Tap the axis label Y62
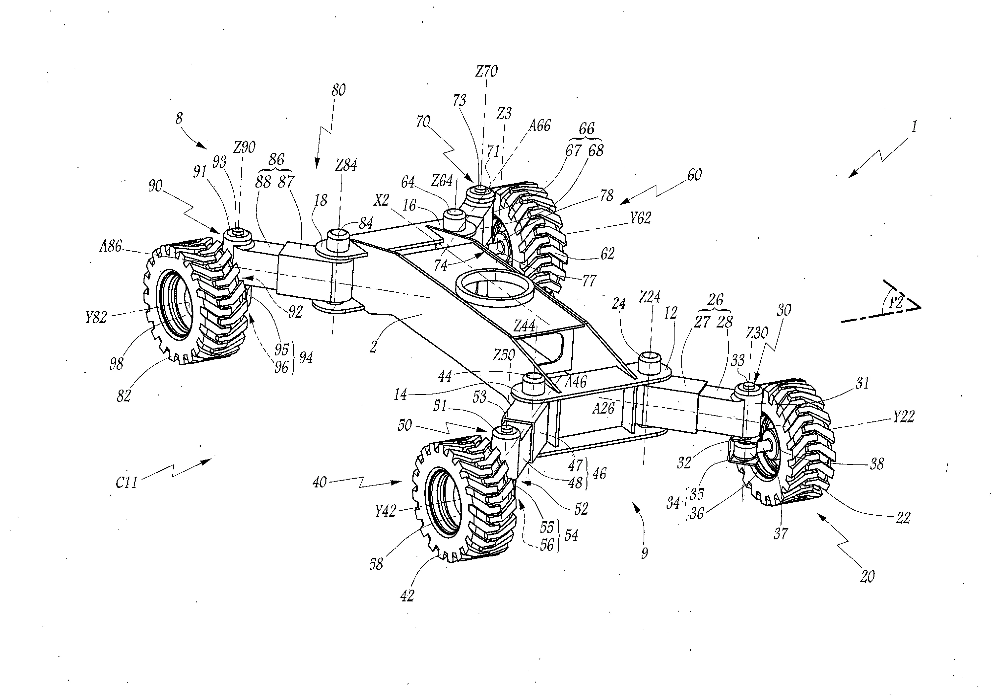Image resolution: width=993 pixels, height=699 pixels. tap(640, 218)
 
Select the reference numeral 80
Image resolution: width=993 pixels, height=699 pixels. tap(338, 90)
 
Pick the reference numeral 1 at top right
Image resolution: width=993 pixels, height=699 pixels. tap(914, 127)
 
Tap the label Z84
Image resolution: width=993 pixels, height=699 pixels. tap(346, 165)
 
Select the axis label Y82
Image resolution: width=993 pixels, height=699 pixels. tap(96, 318)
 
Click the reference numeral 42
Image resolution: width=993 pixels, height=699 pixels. tap(407, 596)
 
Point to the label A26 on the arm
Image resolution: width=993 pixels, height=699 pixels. tap(603, 408)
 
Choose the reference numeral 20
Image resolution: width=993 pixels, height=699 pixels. tap(867, 576)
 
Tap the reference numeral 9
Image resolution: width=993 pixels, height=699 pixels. tap(644, 553)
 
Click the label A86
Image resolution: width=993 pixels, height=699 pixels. tap(111, 247)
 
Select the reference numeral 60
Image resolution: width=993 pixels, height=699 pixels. tap(694, 175)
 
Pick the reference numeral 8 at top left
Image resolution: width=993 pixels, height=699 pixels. tap(179, 118)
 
